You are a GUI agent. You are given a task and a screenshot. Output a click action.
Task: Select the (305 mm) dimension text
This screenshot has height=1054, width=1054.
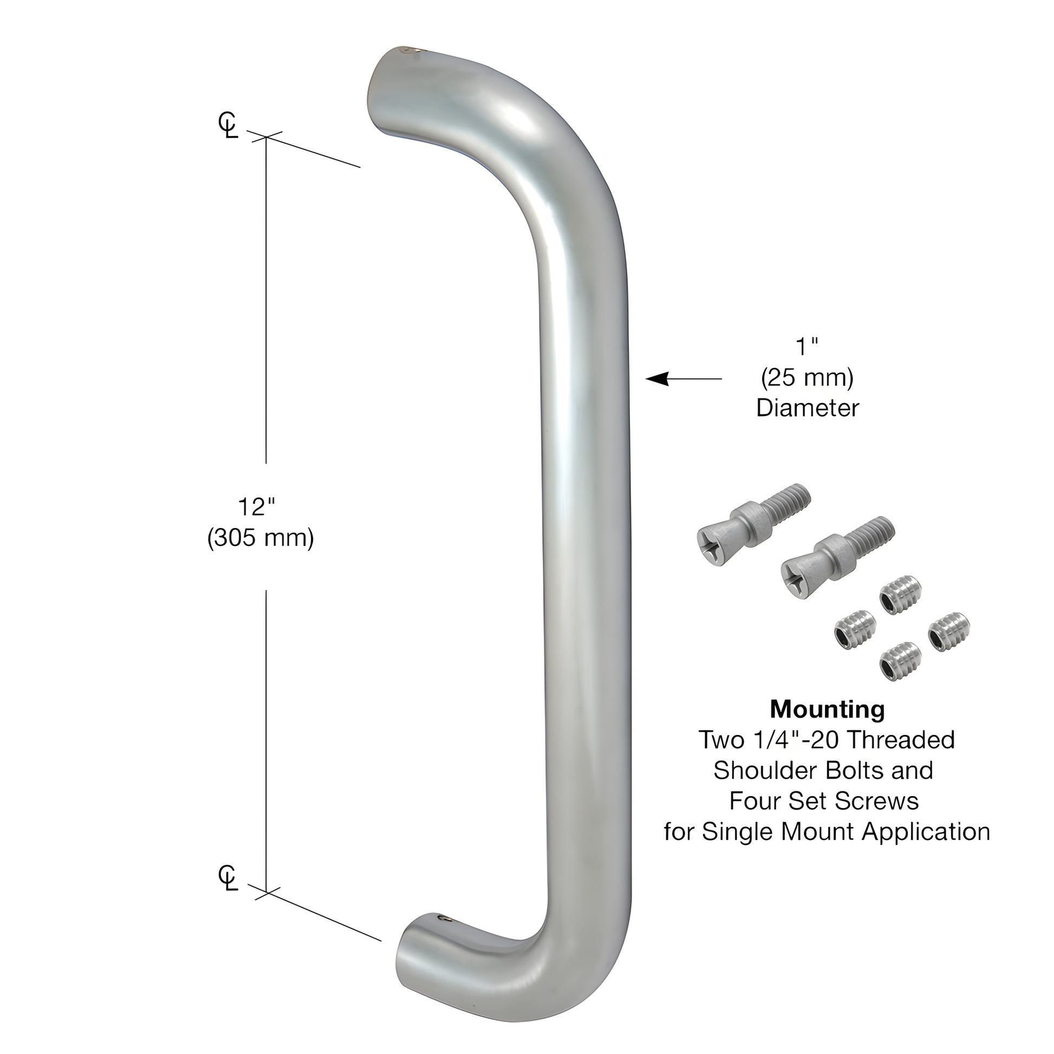click(x=260, y=538)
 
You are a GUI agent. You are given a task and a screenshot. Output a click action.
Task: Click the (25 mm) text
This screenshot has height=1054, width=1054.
click(x=807, y=378)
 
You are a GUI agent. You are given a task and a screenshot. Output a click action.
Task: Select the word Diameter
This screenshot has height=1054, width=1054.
click(x=807, y=408)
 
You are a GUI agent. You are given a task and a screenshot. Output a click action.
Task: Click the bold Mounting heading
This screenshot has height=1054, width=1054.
click(x=827, y=709)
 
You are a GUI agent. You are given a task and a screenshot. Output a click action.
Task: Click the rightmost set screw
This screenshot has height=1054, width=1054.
click(x=949, y=632)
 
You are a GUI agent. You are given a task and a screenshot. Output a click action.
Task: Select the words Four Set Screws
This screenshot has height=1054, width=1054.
click(x=824, y=801)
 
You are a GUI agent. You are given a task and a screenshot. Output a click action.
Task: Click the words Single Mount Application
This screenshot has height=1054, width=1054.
click(x=845, y=832)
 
